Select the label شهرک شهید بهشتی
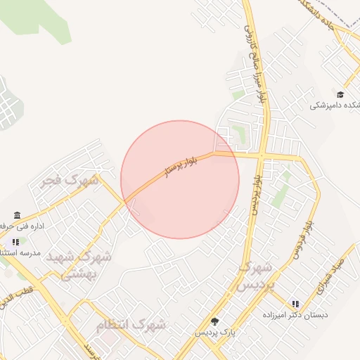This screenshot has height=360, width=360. pyautogui.click(x=79, y=265)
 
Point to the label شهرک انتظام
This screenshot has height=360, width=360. pyautogui.click(x=131, y=325)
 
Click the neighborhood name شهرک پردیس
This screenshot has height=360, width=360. pyautogui.click(x=255, y=276)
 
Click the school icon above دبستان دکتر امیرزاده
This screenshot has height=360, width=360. pyautogui.click(x=295, y=304)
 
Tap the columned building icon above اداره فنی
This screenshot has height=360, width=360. pyautogui.click(x=16, y=216)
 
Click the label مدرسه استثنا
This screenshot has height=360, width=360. pyautogui.click(x=20, y=252)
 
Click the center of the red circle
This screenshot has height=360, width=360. pyautogui.click(x=180, y=179)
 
